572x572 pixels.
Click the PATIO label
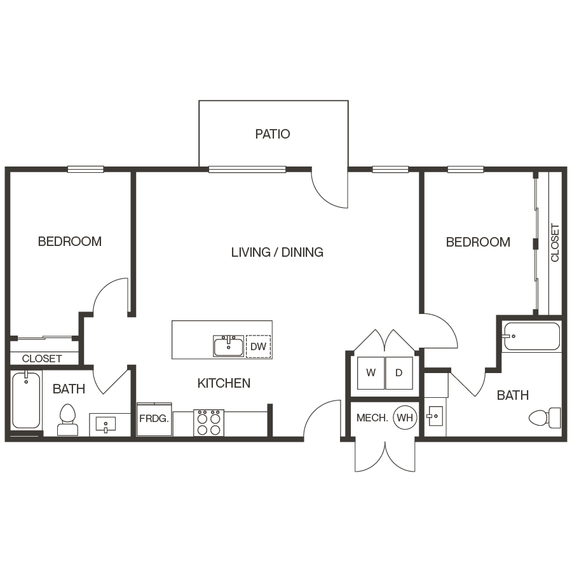point(273,134)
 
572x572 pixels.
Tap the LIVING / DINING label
point(277,252)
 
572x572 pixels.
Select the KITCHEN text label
point(224,383)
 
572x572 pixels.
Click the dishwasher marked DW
point(258,347)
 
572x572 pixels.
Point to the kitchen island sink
point(228,346)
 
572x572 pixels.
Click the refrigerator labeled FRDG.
point(154,419)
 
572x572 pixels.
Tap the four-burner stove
point(209,423)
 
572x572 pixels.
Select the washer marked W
point(371,373)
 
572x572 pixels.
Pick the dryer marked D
point(399,373)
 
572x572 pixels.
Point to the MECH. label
point(372,418)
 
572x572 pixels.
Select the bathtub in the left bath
point(26,400)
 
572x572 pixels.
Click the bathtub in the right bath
point(531,337)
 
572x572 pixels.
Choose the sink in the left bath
point(106,423)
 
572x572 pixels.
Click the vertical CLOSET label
point(555,242)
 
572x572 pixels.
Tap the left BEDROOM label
point(70,242)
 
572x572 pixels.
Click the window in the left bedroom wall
point(86,169)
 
